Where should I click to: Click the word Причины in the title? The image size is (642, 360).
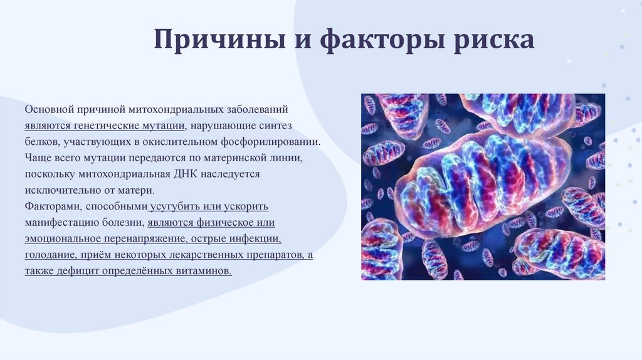[220, 40]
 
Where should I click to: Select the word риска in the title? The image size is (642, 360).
[494, 40]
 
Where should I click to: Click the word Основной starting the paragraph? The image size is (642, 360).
[49, 109]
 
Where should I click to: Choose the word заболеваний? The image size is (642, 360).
[258, 109]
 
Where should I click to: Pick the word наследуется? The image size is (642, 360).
[230, 174]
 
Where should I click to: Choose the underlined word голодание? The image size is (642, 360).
[50, 255]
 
